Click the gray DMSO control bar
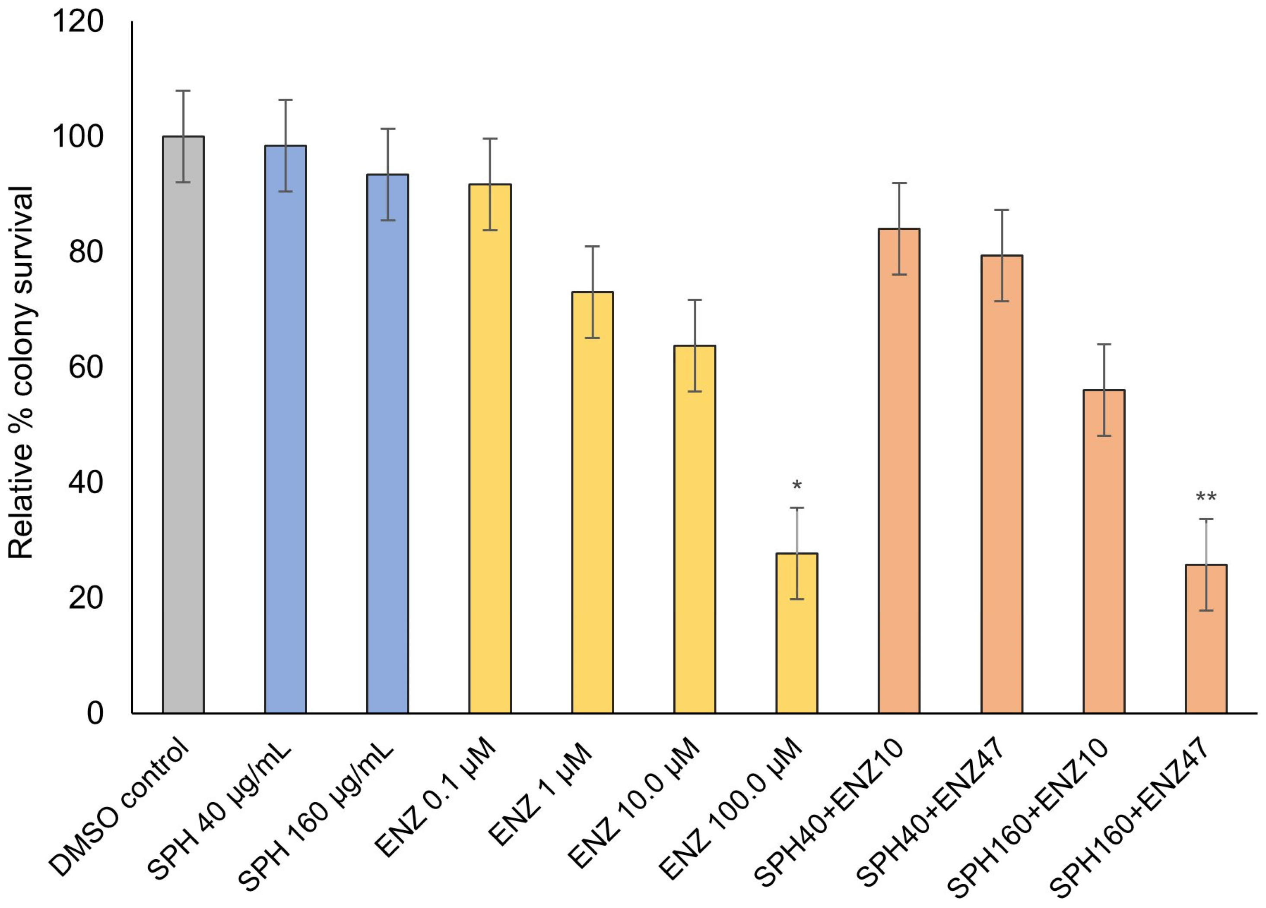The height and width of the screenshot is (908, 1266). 183,425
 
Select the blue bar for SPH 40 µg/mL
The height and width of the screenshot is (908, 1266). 285,429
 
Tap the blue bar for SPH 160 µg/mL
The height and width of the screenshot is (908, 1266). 387,444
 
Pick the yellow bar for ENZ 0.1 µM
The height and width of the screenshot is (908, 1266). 490,449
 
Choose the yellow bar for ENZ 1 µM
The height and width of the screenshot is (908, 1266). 592,502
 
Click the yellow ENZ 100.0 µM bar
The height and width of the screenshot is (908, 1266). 797,633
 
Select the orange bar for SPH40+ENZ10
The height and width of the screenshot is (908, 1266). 899,471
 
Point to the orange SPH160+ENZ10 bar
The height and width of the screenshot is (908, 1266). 1104,551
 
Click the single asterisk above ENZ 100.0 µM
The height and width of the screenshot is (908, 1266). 797,485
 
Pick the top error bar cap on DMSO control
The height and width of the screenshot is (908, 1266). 183,90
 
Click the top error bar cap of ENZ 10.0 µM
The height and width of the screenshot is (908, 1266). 695,300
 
